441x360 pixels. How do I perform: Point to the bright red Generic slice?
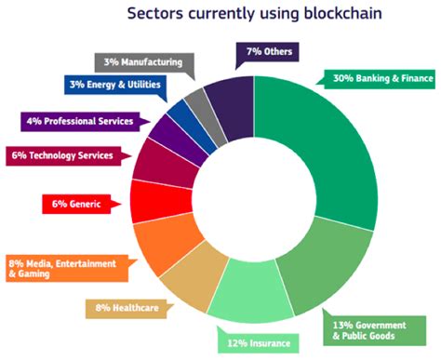146,201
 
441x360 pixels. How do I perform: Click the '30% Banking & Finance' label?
378,78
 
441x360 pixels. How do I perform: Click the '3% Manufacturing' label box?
141,62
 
